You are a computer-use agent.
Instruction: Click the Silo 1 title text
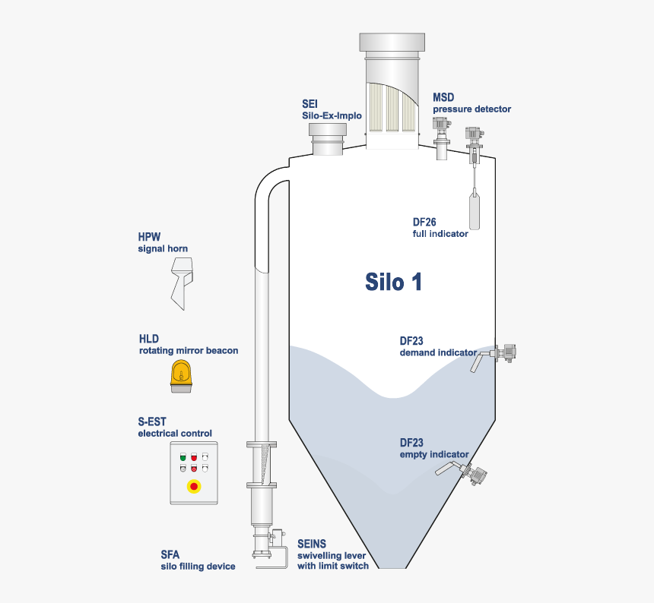[x=393, y=282]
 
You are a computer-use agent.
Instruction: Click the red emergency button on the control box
[x=194, y=485]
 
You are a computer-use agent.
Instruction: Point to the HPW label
[x=149, y=236]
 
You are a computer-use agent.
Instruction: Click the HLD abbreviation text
[x=148, y=339]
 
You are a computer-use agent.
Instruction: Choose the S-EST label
[x=152, y=421]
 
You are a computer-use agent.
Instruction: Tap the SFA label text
[x=170, y=554]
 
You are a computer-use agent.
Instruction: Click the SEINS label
[x=312, y=543]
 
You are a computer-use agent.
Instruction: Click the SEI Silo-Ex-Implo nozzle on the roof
[x=328, y=140]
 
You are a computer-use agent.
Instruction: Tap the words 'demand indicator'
[x=438, y=352]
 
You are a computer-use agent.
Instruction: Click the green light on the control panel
[x=183, y=458]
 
